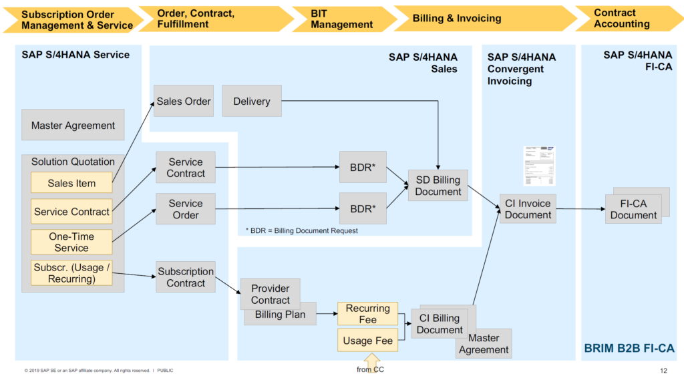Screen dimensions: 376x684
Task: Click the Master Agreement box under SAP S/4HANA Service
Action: pos(73,125)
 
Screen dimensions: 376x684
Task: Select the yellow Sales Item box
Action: pos(71,183)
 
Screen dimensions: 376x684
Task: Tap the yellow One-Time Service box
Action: pos(71,242)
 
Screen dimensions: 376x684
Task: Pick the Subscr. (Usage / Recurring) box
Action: pos(71,272)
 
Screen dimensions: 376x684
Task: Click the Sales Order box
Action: pos(184,102)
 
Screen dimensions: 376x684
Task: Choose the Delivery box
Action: pos(252,102)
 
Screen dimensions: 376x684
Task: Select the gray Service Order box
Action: pos(186,209)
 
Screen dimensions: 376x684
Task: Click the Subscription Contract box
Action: pos(186,277)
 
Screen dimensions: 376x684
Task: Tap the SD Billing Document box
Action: pos(438,186)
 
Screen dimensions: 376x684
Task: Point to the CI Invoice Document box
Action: pos(528,209)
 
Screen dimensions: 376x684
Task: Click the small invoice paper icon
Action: pos(539,166)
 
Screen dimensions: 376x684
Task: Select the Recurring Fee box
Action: pos(367,314)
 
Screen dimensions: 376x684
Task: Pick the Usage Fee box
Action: pos(367,341)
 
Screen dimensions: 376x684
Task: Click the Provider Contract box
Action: pos(270,294)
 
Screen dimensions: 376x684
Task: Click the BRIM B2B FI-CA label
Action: pos(629,348)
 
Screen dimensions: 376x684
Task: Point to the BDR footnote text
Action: pos(302,230)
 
